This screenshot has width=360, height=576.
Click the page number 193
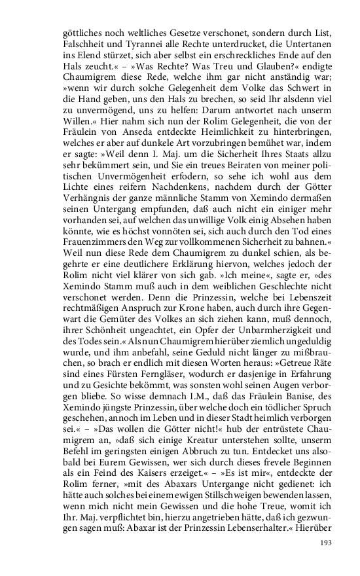tap(328, 543)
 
